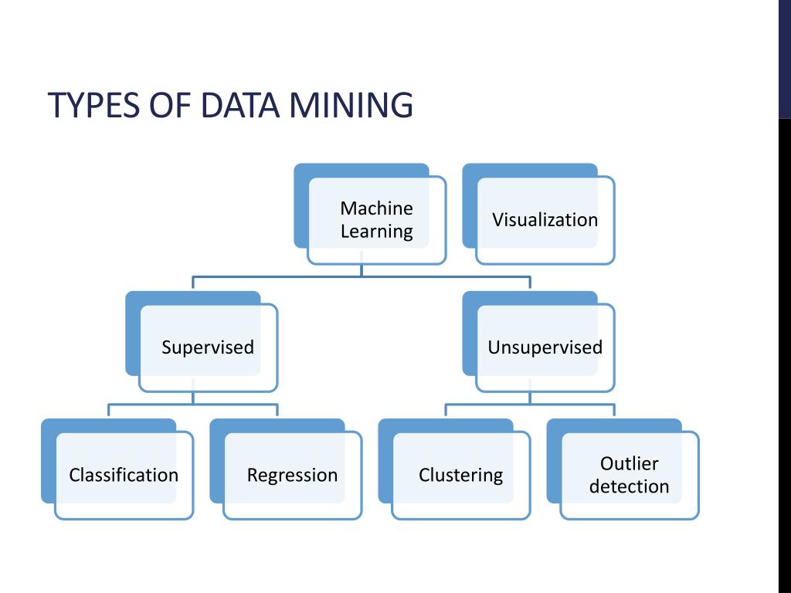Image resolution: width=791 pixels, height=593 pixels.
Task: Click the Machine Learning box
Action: click(377, 220)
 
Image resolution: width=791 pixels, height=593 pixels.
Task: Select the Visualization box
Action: click(545, 220)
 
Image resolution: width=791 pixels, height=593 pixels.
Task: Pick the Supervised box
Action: click(208, 347)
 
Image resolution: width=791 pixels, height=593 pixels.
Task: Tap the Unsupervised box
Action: click(545, 347)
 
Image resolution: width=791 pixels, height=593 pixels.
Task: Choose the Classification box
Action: click(124, 475)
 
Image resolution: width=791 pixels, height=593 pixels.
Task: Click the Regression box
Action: click(292, 475)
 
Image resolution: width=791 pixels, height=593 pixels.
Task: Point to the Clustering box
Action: click(461, 475)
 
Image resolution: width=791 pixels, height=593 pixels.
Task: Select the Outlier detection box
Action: click(630, 475)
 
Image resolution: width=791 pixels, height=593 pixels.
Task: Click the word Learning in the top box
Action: click(377, 232)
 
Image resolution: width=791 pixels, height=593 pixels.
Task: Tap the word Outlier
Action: click(630, 463)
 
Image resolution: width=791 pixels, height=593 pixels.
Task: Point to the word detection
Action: click(630, 486)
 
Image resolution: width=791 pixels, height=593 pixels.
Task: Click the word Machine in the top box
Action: click(377, 208)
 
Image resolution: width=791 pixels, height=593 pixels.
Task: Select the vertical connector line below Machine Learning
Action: click(362, 270)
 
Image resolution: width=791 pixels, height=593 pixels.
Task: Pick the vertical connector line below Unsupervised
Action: click(530, 398)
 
